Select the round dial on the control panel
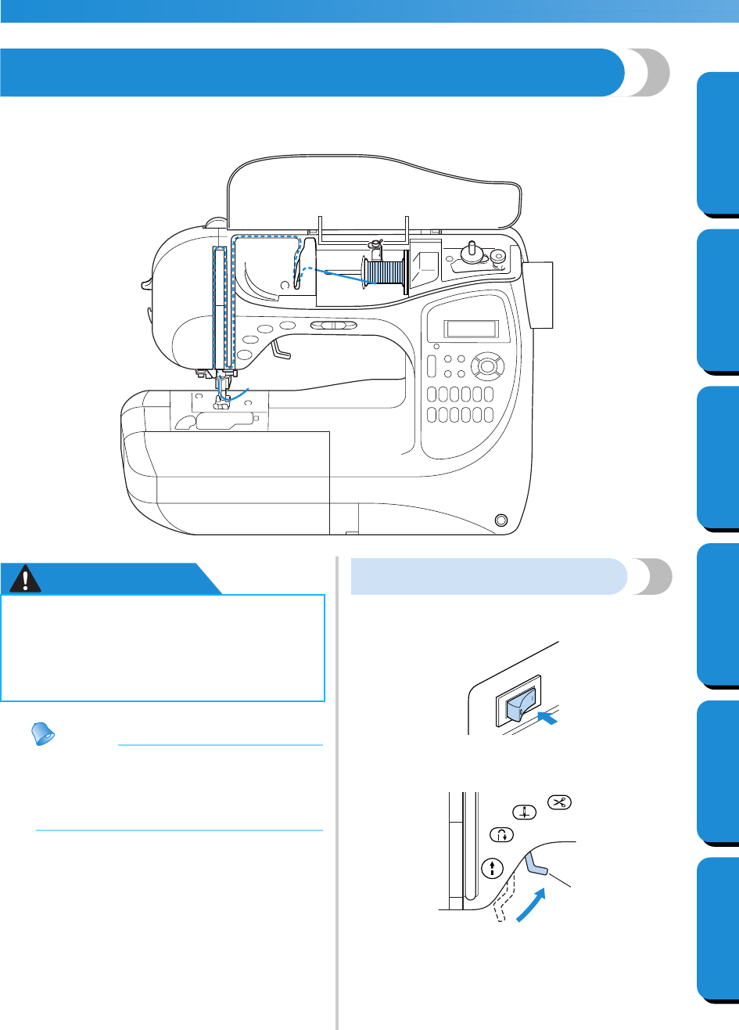(x=489, y=366)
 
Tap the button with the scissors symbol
(x=561, y=802)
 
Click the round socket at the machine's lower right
(x=500, y=520)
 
